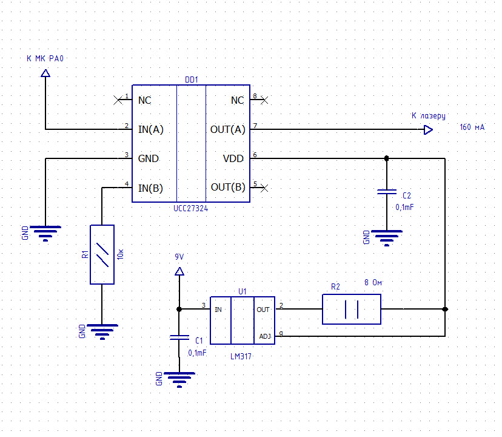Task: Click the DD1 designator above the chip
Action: pyautogui.click(x=192, y=80)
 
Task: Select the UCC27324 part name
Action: pyautogui.click(x=190, y=208)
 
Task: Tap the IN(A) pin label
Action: pyautogui.click(x=151, y=129)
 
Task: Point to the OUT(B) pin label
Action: pyautogui.click(x=228, y=187)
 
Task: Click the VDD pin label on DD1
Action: pyautogui.click(x=233, y=158)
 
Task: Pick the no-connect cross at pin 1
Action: pyautogui.click(x=118, y=100)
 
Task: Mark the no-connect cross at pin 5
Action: pyautogui.click(x=264, y=188)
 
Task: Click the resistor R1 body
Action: pyautogui.click(x=102, y=254)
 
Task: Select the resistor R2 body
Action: pyautogui.click(x=352, y=310)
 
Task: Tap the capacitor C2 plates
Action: pyautogui.click(x=387, y=192)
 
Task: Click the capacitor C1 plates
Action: pyautogui.click(x=179, y=337)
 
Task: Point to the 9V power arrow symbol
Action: pyautogui.click(x=179, y=271)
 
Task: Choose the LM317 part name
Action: pyautogui.click(x=241, y=356)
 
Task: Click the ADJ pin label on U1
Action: pyautogui.click(x=265, y=336)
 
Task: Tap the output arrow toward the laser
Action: pyautogui.click(x=429, y=130)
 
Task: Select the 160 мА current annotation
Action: pyautogui.click(x=472, y=127)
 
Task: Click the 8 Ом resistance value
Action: pyautogui.click(x=373, y=282)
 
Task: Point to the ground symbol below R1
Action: pyautogui.click(x=102, y=331)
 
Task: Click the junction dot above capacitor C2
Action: pyautogui.click(x=387, y=158)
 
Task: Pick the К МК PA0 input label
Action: pyautogui.click(x=45, y=58)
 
